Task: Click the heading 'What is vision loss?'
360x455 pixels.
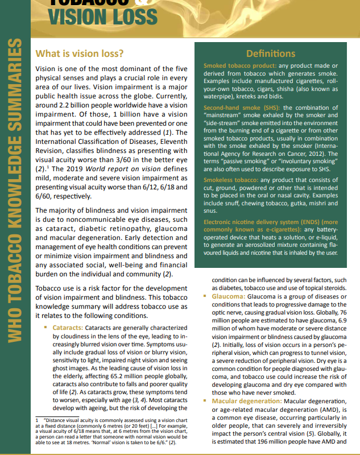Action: point(80,54)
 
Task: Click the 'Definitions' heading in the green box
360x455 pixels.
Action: point(270,53)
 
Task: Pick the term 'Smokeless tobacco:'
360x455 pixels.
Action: point(230,180)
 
